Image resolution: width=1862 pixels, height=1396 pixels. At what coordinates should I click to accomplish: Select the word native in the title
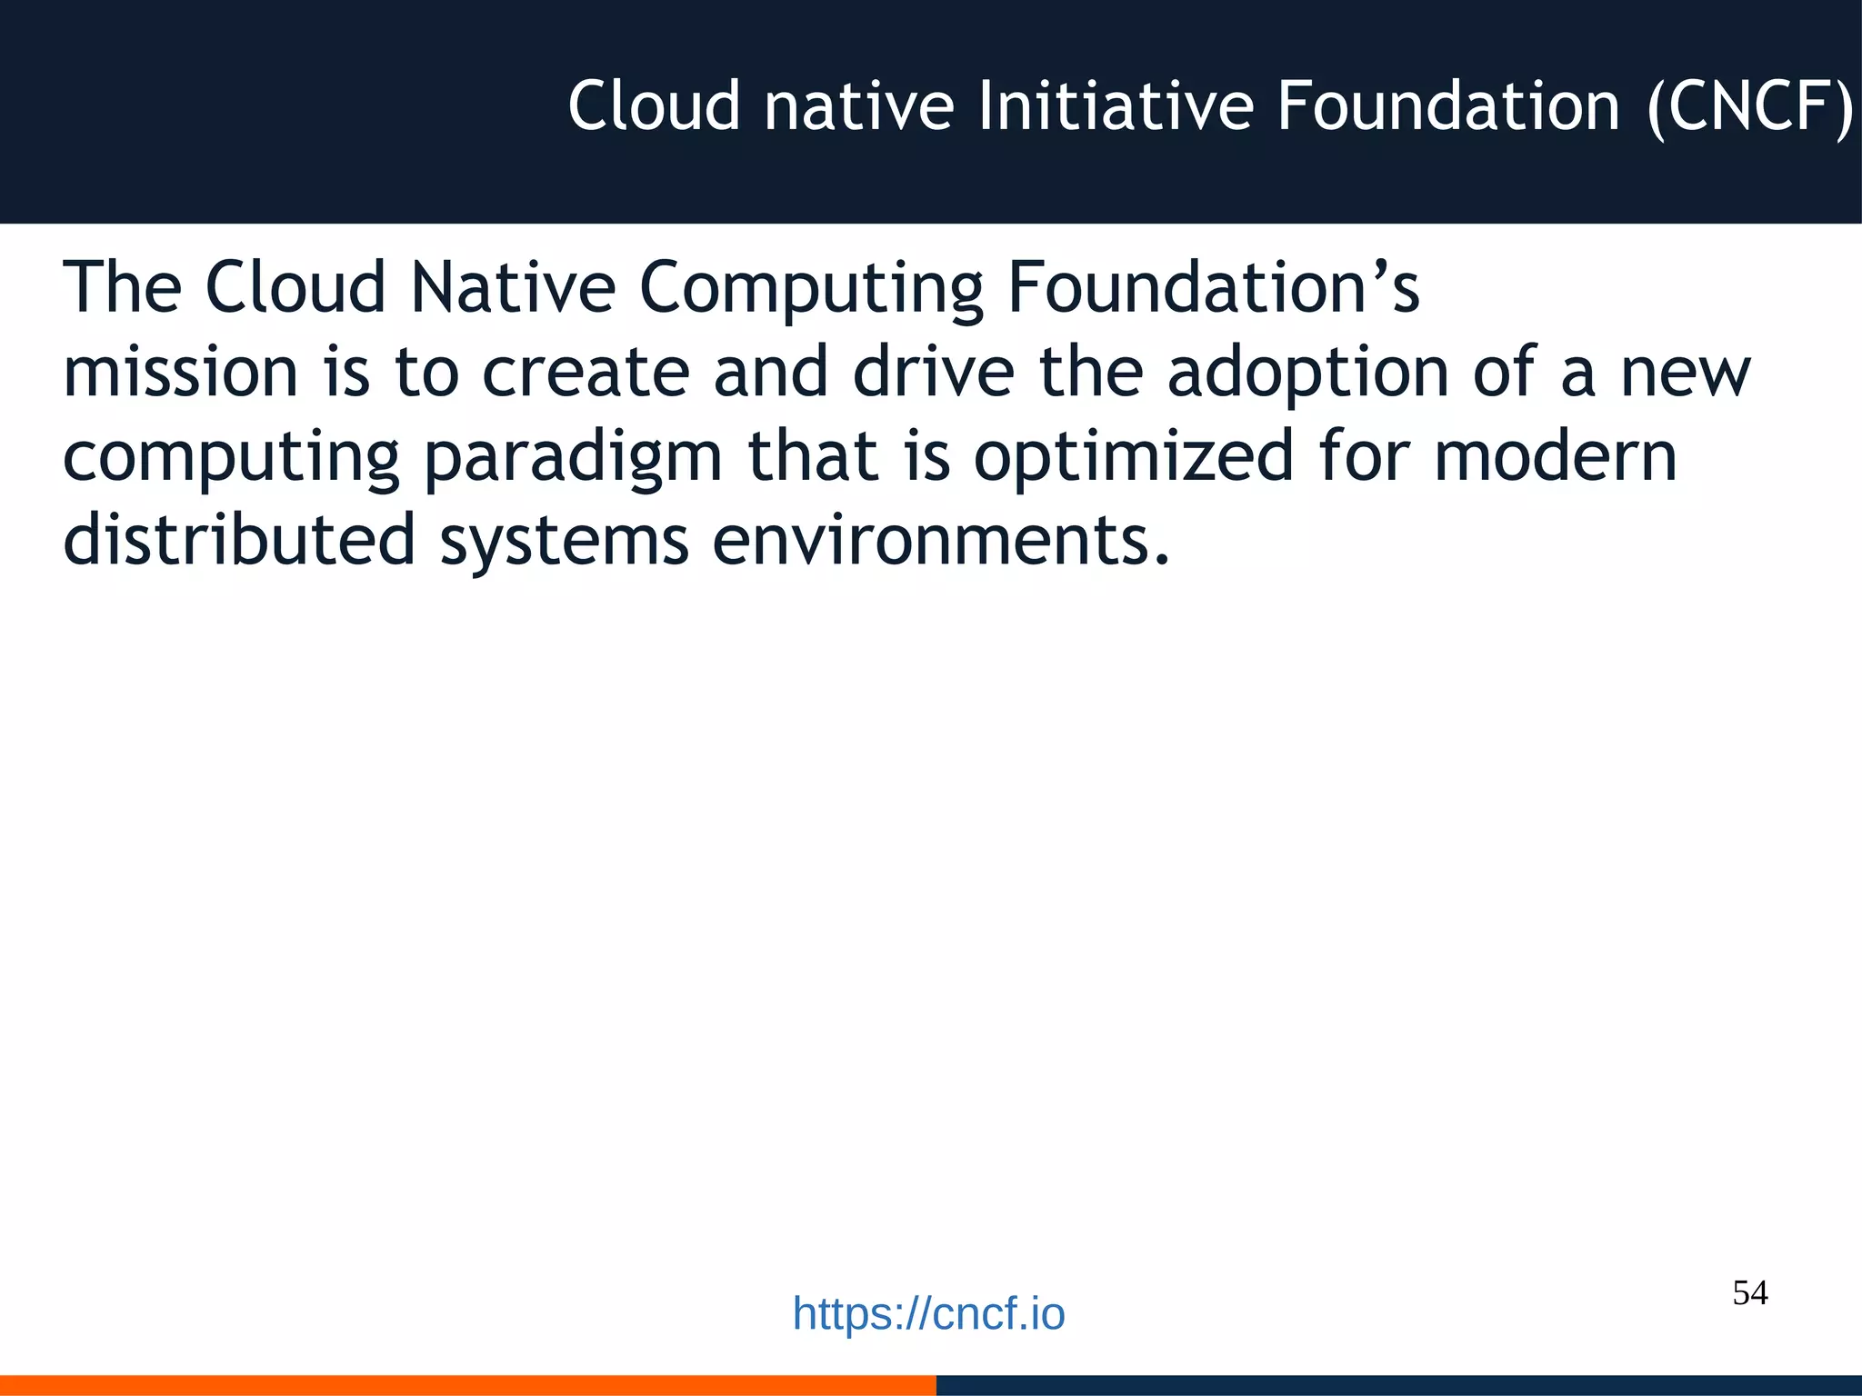tap(858, 106)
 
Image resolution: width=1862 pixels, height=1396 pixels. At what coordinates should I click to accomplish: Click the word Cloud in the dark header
tap(655, 106)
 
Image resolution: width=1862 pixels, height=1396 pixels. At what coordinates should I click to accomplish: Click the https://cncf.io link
tap(928, 1314)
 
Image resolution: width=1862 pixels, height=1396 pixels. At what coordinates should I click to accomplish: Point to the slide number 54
tap(1749, 1292)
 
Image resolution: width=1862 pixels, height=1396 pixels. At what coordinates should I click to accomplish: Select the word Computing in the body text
tap(811, 289)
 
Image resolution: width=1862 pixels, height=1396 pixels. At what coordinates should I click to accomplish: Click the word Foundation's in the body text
tap(1213, 287)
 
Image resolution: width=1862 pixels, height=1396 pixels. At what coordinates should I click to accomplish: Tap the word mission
tap(180, 373)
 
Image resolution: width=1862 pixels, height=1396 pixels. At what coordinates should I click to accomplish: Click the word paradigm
tap(573, 458)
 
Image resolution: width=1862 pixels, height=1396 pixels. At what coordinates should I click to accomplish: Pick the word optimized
tap(1133, 458)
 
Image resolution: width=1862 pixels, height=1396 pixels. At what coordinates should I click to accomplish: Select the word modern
tap(1555, 456)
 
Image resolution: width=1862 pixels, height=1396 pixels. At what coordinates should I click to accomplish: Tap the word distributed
tap(239, 540)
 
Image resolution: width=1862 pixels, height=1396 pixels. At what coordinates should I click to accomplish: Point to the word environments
tap(940, 540)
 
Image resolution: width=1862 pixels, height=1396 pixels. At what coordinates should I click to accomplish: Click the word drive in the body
tap(933, 373)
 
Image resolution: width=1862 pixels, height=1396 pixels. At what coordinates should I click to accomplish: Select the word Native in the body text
tap(513, 287)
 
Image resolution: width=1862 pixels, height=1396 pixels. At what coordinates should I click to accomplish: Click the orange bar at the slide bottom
tap(467, 1385)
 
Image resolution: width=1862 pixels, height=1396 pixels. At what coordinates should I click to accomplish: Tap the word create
tap(586, 373)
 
